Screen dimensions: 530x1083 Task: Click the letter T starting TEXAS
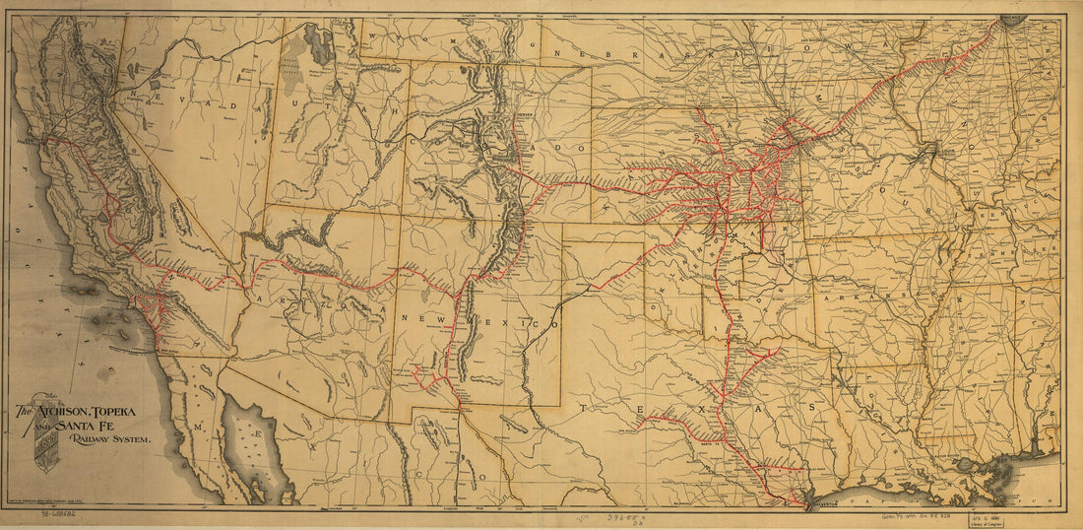[x=583, y=406]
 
